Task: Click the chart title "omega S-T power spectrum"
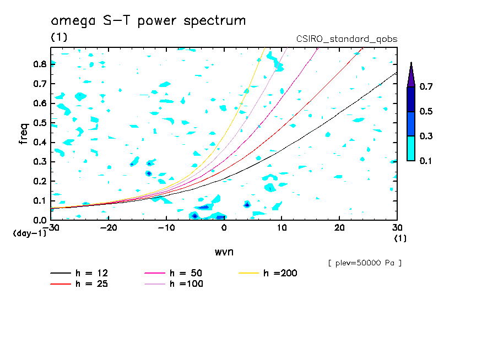(x=148, y=21)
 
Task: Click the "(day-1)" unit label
(x=30, y=233)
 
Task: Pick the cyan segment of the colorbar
(x=411, y=148)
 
